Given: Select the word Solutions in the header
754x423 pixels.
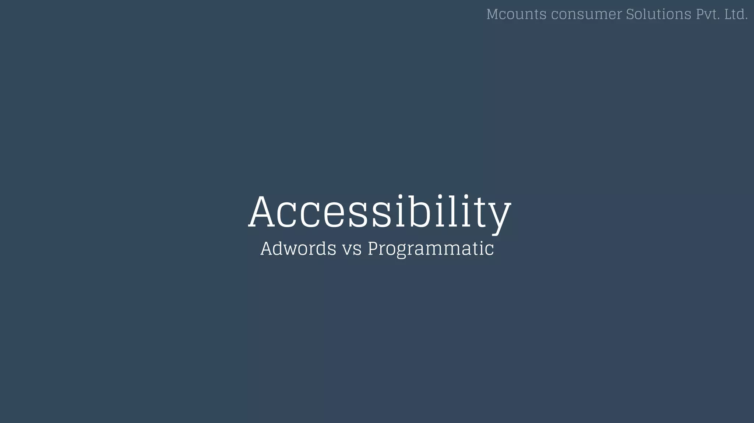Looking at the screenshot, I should [x=659, y=14].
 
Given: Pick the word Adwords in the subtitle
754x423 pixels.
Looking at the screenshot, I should [x=298, y=248].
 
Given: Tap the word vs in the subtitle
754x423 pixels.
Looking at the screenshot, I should [x=352, y=249].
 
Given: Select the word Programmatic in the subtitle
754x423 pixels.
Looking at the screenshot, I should [x=431, y=249].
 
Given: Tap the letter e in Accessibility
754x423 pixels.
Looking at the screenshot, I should [x=334, y=215].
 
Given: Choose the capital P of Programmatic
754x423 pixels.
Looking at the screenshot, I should [x=374, y=248].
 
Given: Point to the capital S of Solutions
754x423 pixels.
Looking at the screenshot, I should [x=630, y=14].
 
